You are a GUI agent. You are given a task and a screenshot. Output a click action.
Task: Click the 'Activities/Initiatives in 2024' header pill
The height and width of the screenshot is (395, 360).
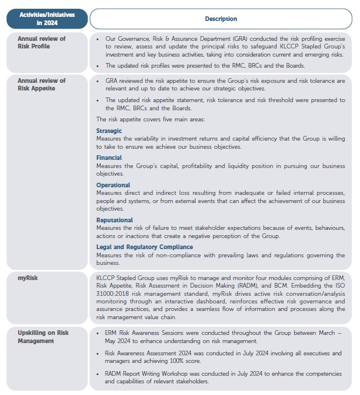click(47, 19)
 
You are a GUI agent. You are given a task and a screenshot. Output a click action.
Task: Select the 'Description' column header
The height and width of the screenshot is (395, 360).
click(221, 19)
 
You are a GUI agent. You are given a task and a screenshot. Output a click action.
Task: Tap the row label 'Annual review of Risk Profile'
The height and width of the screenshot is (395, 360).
click(41, 43)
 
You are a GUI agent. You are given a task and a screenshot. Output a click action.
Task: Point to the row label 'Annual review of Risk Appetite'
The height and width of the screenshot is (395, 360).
click(41, 85)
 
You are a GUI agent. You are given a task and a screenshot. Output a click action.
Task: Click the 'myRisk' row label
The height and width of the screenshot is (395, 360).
click(28, 278)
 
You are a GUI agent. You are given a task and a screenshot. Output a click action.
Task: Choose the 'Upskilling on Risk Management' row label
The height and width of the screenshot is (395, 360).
click(43, 337)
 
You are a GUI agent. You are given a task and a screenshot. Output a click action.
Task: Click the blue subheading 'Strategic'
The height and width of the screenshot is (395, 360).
click(109, 131)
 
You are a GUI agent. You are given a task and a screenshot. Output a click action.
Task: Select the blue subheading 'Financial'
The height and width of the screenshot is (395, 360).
click(109, 158)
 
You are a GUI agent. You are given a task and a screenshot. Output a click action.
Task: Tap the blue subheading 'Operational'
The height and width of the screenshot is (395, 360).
click(113, 185)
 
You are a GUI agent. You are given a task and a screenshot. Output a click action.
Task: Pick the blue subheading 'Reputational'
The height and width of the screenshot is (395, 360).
click(114, 220)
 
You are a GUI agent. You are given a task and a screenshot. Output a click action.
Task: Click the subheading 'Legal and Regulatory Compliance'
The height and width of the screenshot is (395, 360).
click(144, 247)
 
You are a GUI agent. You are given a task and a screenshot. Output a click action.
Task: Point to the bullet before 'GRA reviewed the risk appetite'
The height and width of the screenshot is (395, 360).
click(98, 81)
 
